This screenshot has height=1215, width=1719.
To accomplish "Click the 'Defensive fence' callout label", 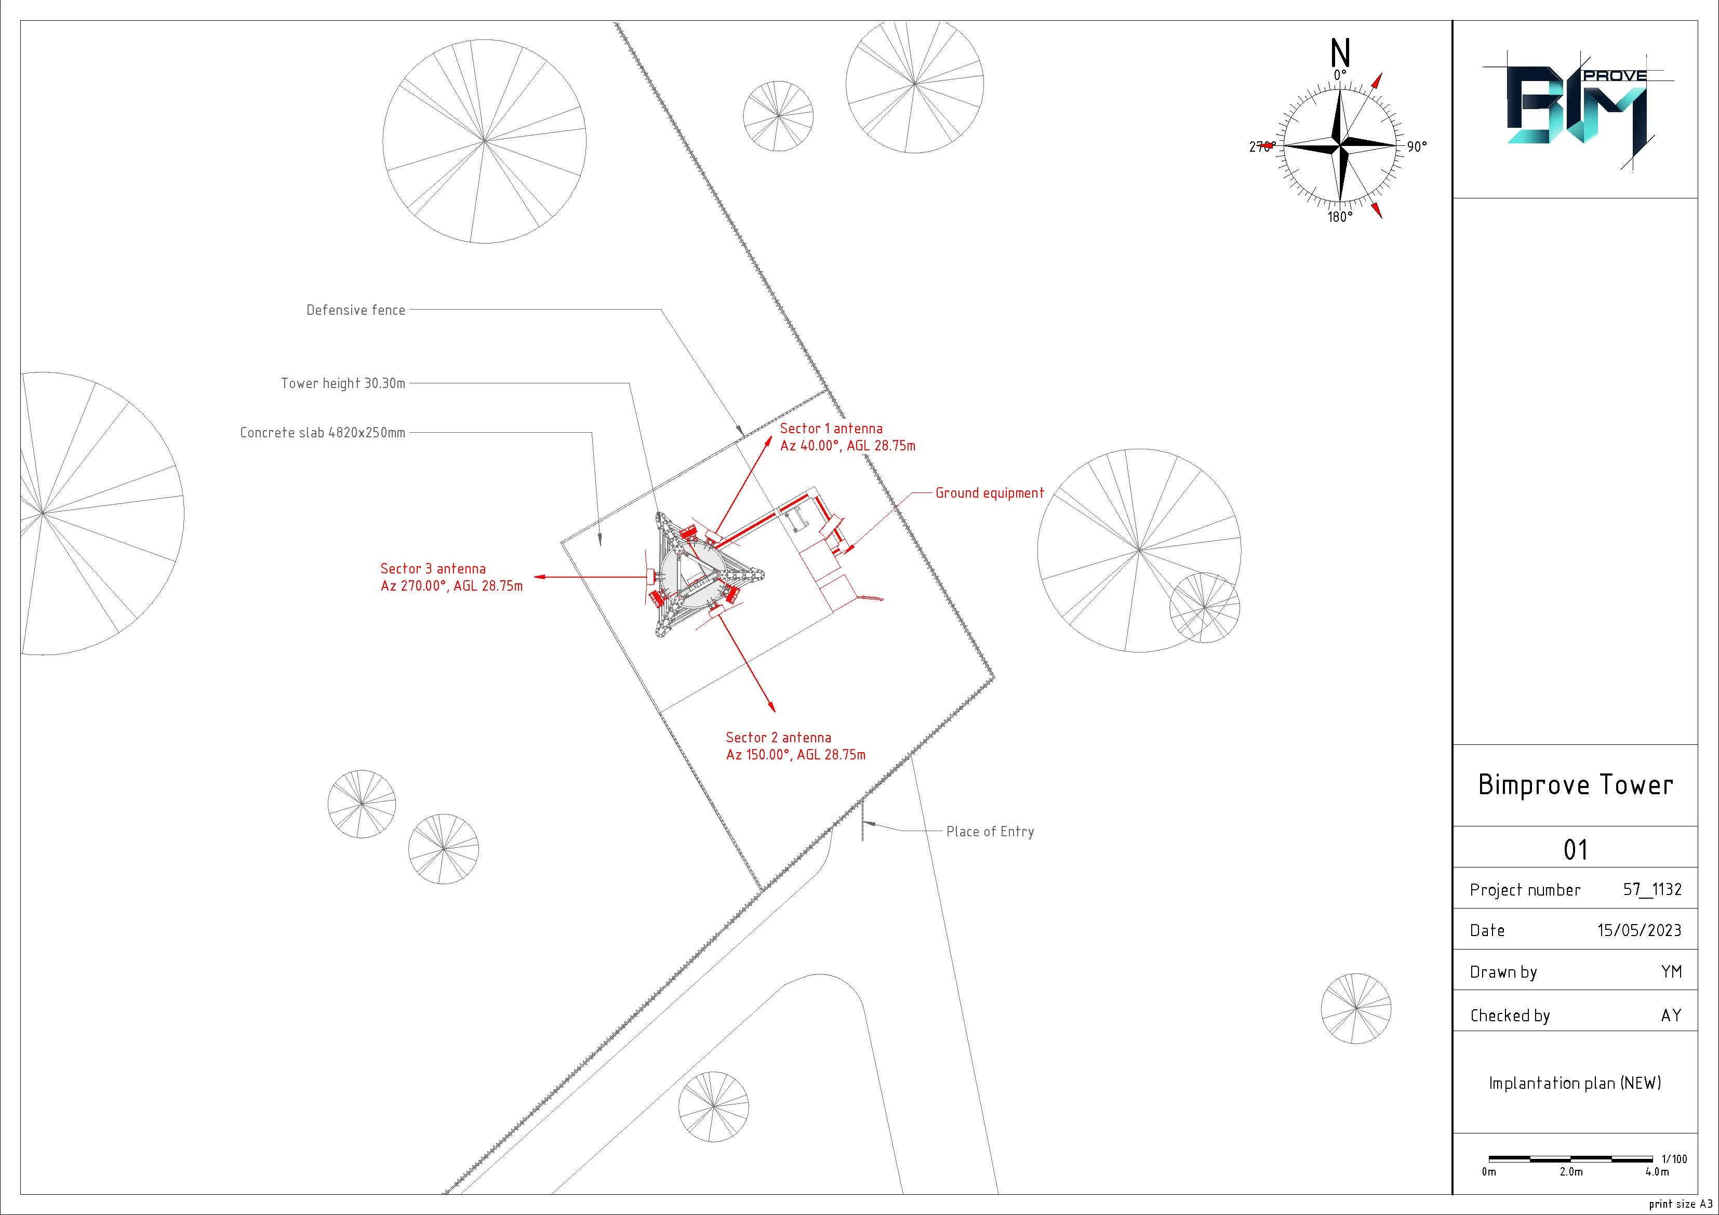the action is click(356, 310).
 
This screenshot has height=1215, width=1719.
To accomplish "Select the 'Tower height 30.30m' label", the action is click(343, 383).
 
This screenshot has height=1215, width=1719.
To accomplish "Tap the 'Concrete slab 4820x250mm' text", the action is click(323, 433).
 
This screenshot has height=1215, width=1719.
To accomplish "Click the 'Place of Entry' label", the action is click(990, 832).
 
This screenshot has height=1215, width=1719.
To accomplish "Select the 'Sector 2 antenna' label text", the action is click(779, 738).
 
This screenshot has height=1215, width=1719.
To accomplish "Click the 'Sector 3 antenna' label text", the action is click(433, 569).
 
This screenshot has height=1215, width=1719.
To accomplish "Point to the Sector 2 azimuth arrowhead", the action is click(771, 705).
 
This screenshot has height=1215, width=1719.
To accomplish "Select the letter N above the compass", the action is click(1340, 53).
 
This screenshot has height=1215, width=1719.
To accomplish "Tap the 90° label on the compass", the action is click(1417, 146).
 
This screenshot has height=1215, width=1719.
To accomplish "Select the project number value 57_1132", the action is click(1653, 889).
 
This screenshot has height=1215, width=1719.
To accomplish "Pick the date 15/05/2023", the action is click(1640, 930).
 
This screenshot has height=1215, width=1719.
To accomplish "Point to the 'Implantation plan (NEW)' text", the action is click(1575, 1083).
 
